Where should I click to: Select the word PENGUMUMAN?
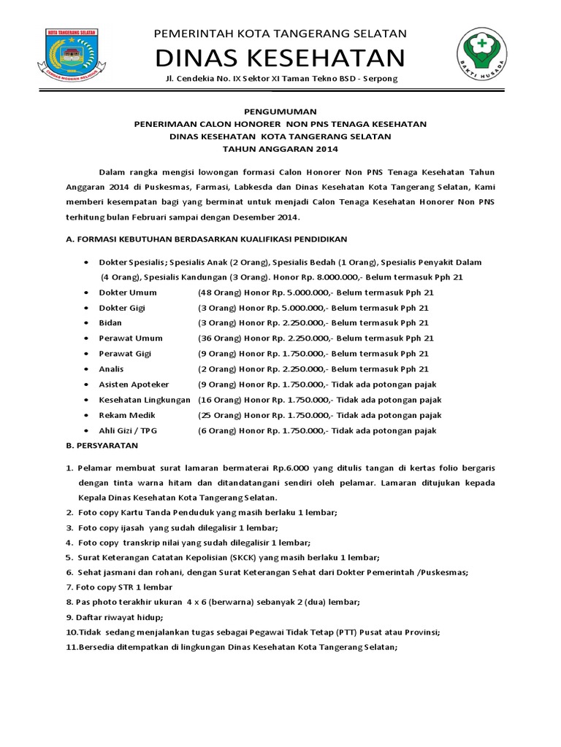[280, 112]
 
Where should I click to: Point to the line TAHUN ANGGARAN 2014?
[280, 149]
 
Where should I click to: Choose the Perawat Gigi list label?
[121, 353]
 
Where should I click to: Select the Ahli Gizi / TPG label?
[128, 430]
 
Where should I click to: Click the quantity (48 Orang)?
[217, 292]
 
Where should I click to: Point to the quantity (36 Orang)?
[217, 338]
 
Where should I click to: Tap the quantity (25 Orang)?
[217, 415]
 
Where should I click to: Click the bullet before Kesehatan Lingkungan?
[87, 400]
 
